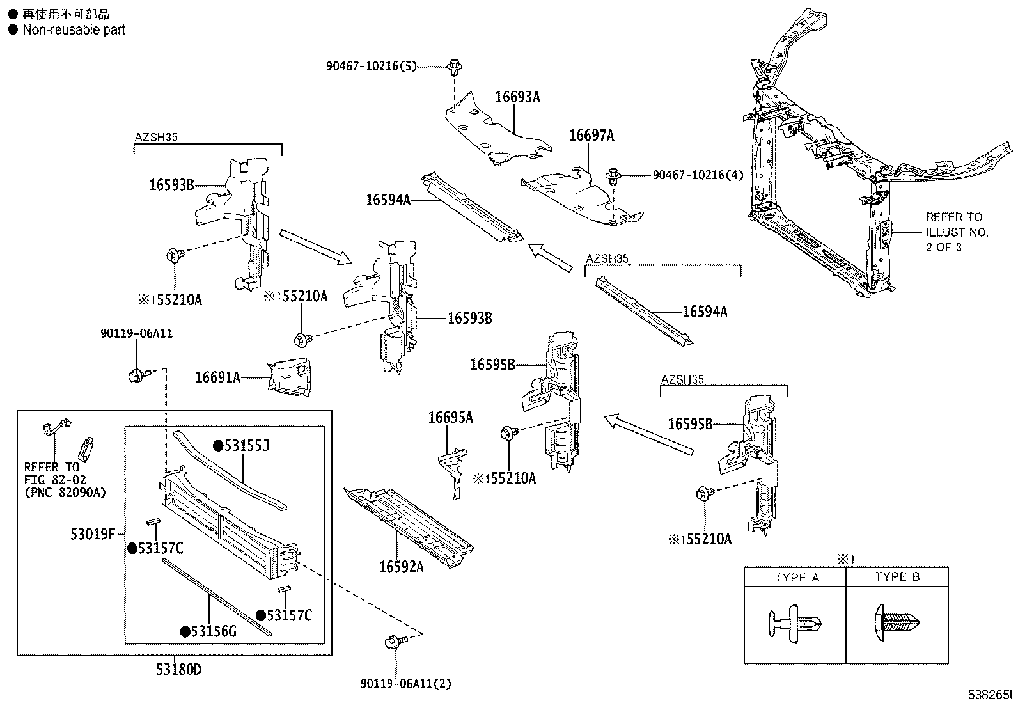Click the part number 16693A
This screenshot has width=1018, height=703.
517,97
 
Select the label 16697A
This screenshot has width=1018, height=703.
591,135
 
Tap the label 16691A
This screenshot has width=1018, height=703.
217,378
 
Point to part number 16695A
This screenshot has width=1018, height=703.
450,418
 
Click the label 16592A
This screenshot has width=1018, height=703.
401,566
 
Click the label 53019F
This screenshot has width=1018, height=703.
92,533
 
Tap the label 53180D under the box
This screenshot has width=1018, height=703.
178,670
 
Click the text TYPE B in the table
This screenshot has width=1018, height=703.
897,576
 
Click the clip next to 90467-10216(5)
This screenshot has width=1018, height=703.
455,66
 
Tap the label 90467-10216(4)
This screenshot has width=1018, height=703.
697,175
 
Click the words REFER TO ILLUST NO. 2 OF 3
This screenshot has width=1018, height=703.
956,232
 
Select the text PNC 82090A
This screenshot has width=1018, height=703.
65,493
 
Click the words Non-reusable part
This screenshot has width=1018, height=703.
74,29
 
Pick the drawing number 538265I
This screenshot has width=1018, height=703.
991,694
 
